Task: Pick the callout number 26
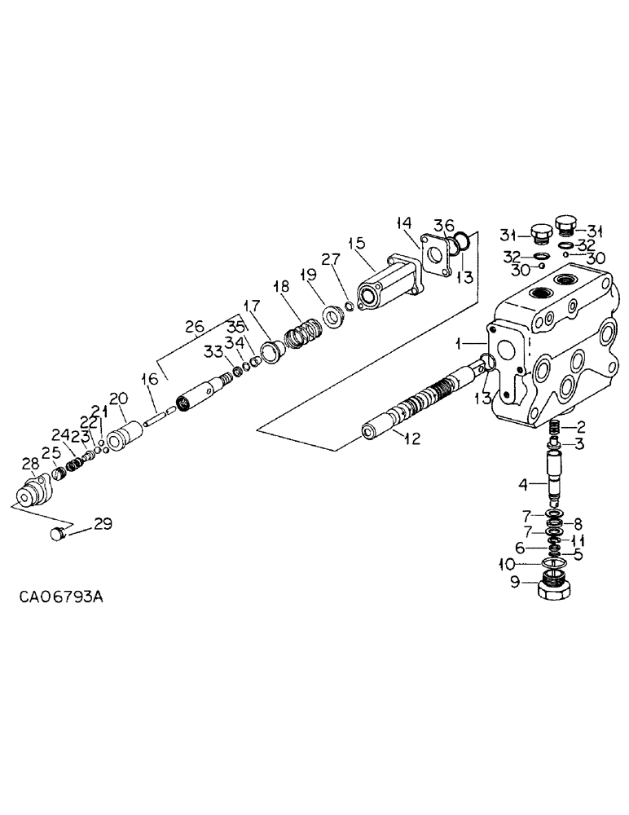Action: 196,328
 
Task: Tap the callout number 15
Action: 356,243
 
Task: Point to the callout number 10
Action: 506,564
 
